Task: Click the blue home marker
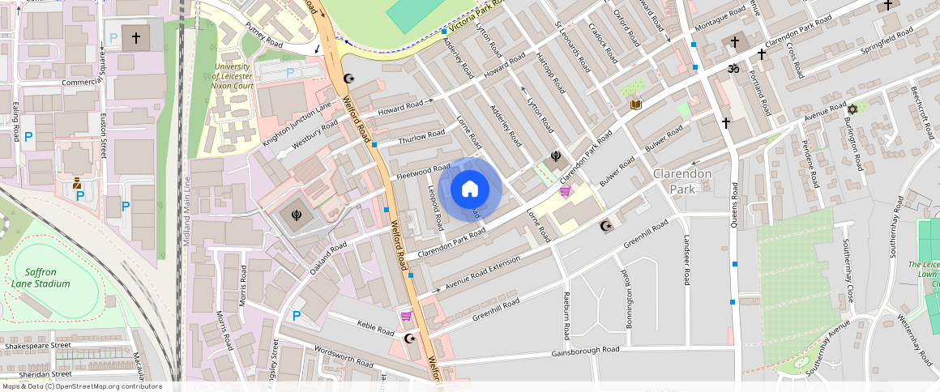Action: (x=469, y=190)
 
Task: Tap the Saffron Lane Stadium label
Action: (x=41, y=278)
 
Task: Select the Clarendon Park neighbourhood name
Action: (x=683, y=181)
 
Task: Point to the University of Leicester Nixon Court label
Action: (x=233, y=75)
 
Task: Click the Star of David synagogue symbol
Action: (x=852, y=109)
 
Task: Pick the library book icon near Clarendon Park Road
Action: (x=636, y=104)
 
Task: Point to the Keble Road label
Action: (x=376, y=328)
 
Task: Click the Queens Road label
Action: (x=734, y=205)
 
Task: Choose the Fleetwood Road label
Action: (x=423, y=171)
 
